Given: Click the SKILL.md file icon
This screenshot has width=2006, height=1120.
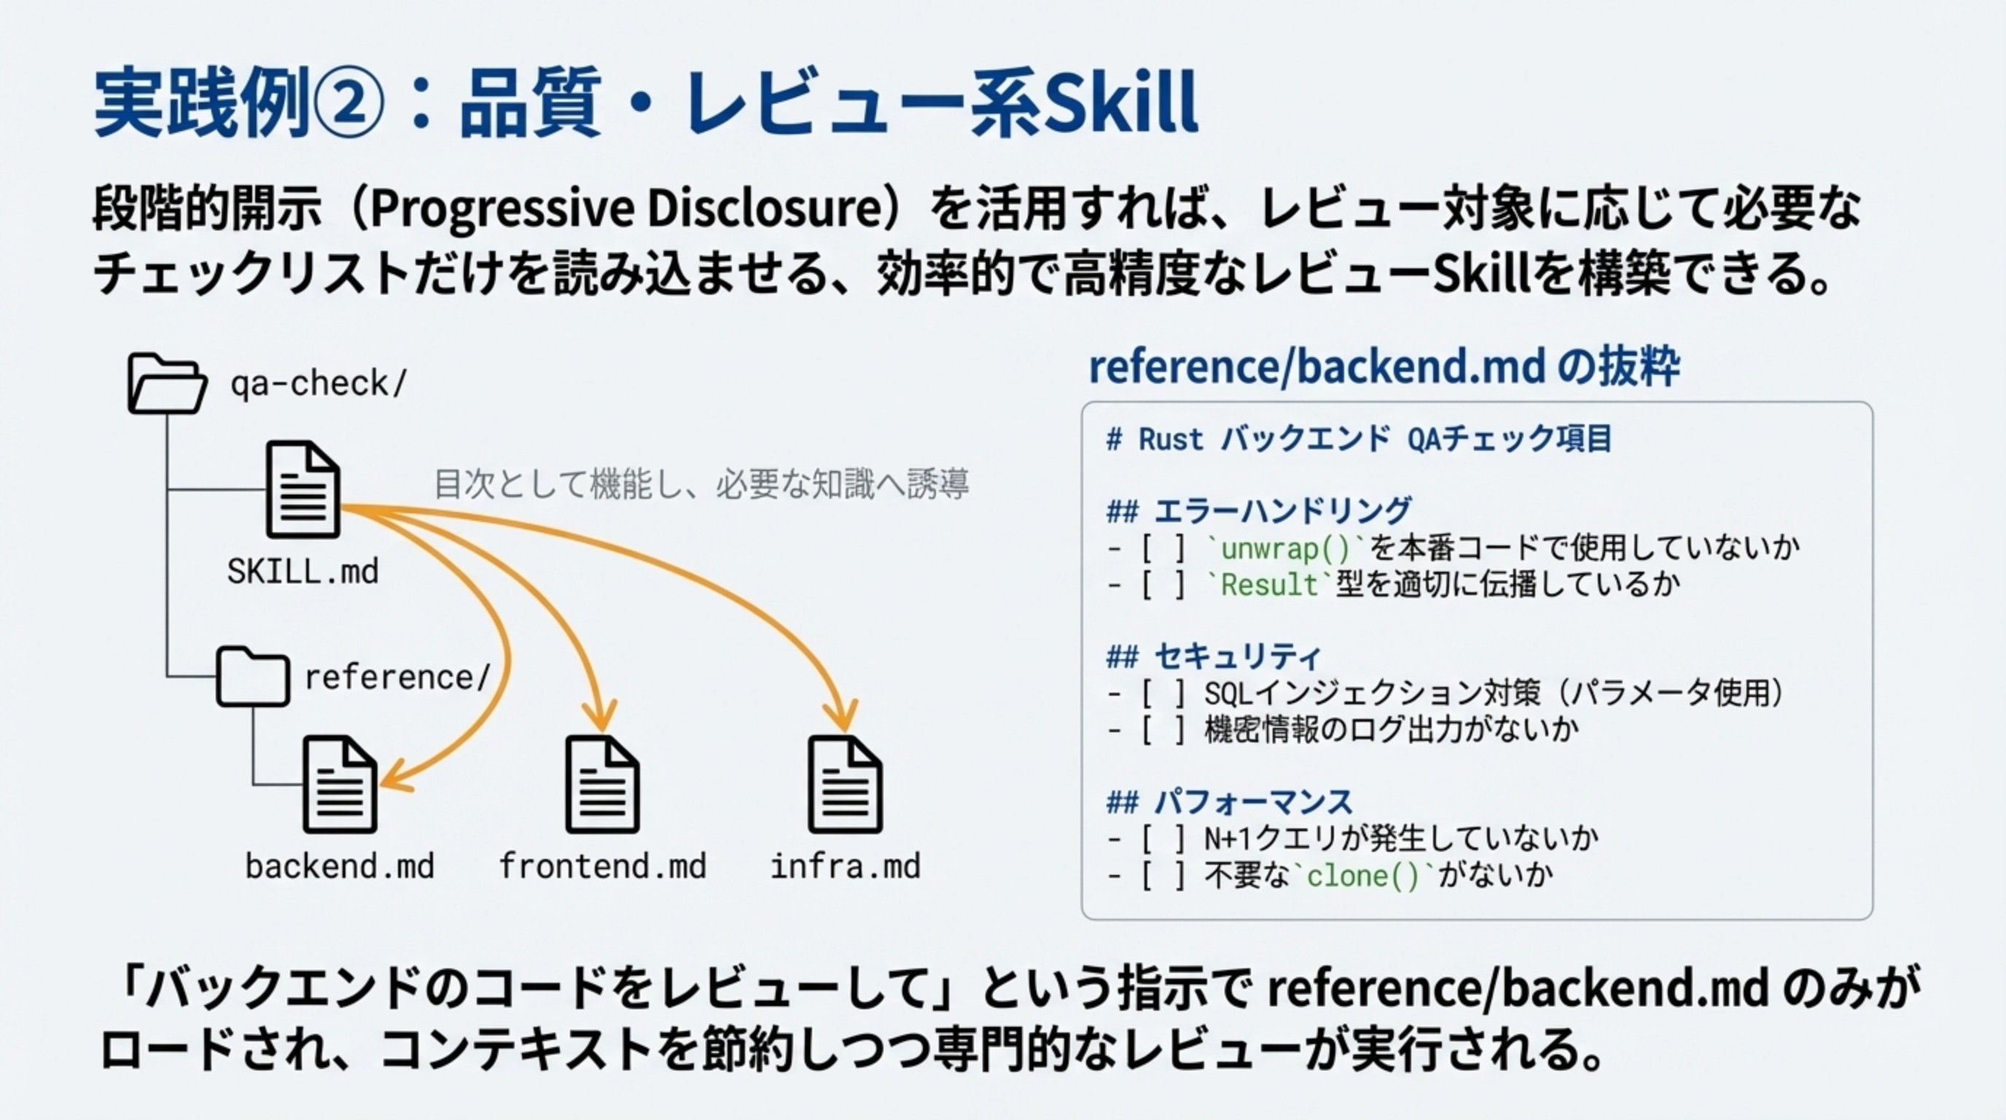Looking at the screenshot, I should pyautogui.click(x=303, y=489).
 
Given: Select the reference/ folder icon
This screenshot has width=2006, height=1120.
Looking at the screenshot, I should pyautogui.click(x=252, y=676).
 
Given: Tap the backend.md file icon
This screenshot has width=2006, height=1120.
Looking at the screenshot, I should pyautogui.click(x=340, y=785).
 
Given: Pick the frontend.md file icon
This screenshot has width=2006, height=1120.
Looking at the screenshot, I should pyautogui.click(x=602, y=785).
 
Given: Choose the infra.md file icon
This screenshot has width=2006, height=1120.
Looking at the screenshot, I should pyautogui.click(x=845, y=785).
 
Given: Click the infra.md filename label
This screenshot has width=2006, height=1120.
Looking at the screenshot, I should pyautogui.click(x=845, y=866).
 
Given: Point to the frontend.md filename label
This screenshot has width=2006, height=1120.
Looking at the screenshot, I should pyautogui.click(x=602, y=866).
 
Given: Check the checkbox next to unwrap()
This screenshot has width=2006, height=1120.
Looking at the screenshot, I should pyautogui.click(x=1164, y=548).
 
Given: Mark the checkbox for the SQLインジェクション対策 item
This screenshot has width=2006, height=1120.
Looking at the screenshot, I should pyautogui.click(x=1164, y=693).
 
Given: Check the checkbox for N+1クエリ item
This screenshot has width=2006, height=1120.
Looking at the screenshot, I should pyautogui.click(x=1164, y=839).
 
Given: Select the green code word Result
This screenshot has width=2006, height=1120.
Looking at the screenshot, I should pyautogui.click(x=1268, y=584).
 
